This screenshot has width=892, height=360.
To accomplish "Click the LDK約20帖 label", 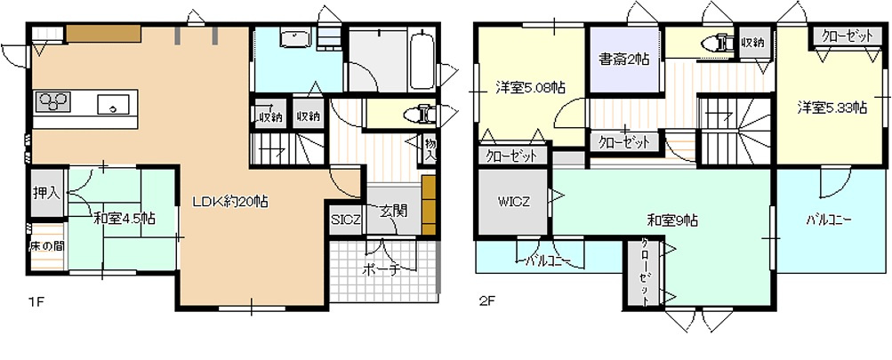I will pos(230,202).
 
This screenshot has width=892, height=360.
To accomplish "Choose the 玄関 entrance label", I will pos(391,212).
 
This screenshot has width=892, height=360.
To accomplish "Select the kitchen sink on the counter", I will pos(113,104).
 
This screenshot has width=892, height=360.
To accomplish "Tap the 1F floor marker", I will pos(35,303).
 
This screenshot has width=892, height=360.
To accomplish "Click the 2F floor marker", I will pos(486,301).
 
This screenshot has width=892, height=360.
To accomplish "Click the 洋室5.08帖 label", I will pos(529,88).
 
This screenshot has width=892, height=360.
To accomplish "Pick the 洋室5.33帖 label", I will pos(831,108).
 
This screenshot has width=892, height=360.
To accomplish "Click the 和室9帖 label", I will pos(671,220).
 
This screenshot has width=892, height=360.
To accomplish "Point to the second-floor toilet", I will pos(718,43).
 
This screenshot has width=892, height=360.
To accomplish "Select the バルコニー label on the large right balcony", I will pos(830,219).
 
